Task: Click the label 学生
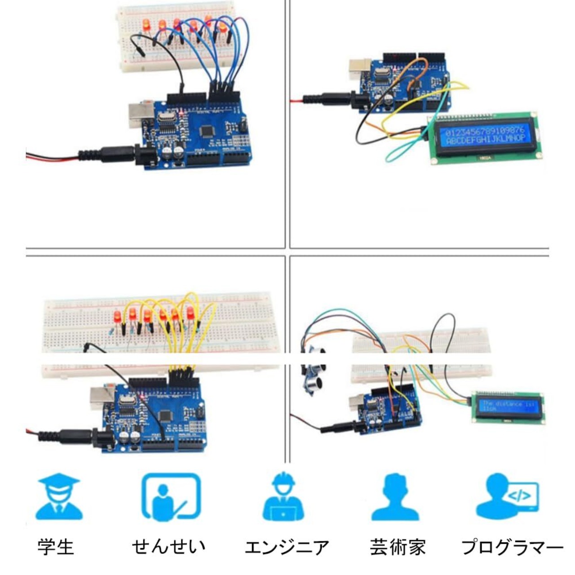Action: tap(55, 547)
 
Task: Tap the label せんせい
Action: tap(168, 547)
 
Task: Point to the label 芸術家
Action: tap(398, 547)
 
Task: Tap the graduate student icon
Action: tap(59, 498)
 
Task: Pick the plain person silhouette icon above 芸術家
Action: tap(395, 497)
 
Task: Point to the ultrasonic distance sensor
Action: tap(313, 373)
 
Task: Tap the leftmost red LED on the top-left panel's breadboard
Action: tap(146, 26)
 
